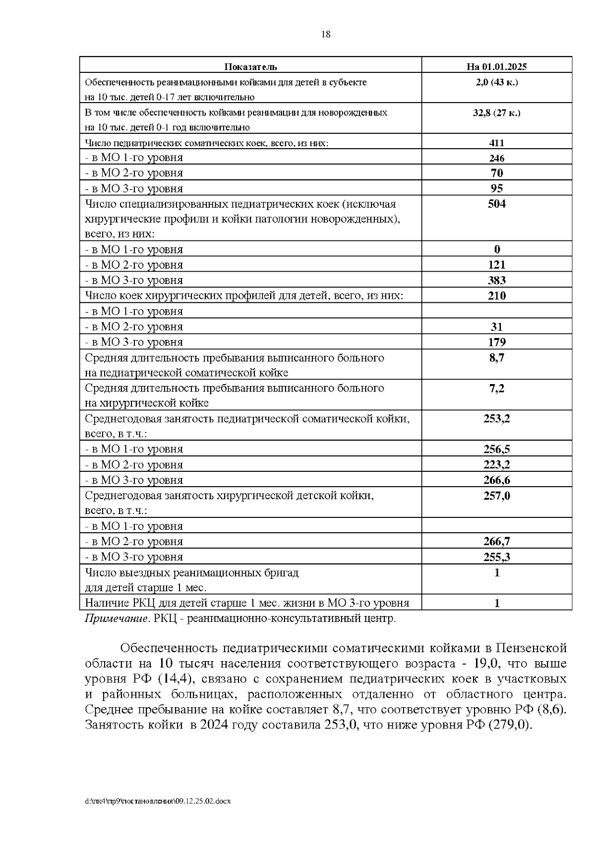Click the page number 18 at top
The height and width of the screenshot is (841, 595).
[x=326, y=34]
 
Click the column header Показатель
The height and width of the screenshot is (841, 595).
[x=251, y=67]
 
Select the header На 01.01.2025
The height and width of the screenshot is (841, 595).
[x=496, y=67]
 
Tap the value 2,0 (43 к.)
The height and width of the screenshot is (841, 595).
[x=496, y=82]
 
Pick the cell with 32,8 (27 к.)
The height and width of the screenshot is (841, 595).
[x=496, y=112]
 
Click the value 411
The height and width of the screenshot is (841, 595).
[x=496, y=143]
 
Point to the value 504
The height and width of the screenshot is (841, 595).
[x=496, y=204]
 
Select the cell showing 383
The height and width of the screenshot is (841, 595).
[x=496, y=280]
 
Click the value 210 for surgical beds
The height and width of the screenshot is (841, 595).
[x=496, y=296]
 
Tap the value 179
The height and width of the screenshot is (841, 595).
[x=496, y=342]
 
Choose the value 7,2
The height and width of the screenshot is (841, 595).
[x=496, y=388]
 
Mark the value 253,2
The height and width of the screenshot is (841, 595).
[x=496, y=419]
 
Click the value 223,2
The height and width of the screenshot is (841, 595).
[x=496, y=465]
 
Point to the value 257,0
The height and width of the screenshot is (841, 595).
[x=496, y=496]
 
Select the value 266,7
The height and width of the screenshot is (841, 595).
[x=496, y=542]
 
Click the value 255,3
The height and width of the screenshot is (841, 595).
[x=496, y=557]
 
